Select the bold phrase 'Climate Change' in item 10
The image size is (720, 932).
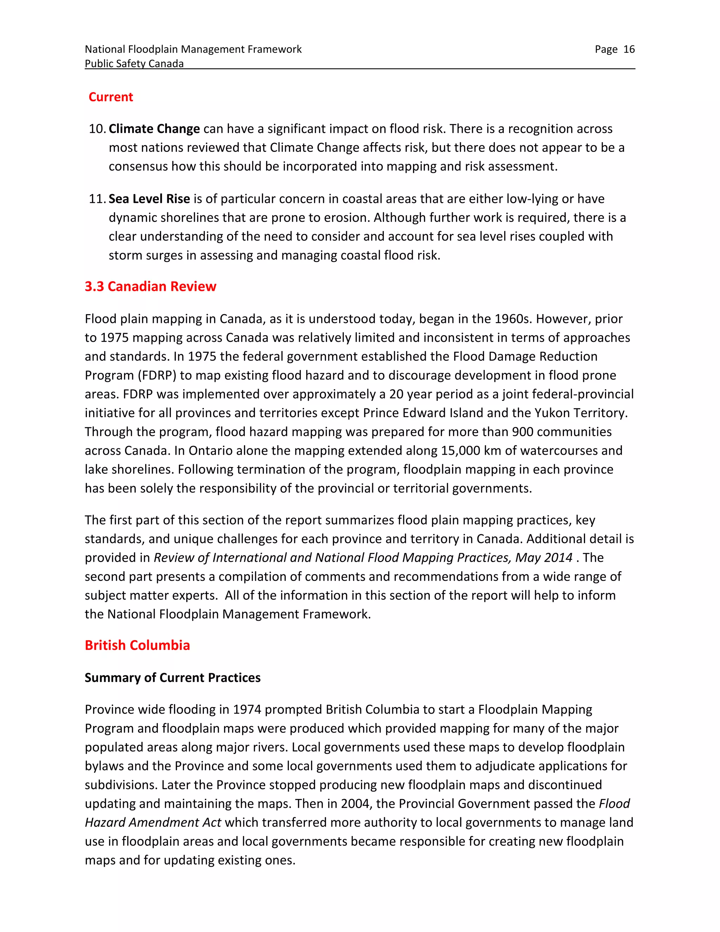pos(154,129)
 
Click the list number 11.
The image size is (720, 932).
pos(96,199)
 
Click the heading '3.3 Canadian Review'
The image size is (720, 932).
pos(150,286)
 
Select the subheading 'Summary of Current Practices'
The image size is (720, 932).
pos(172,678)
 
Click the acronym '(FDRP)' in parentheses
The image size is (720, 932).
pos(156,376)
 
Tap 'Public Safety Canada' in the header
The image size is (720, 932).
pos(134,64)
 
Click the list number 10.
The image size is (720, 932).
pos(96,129)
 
